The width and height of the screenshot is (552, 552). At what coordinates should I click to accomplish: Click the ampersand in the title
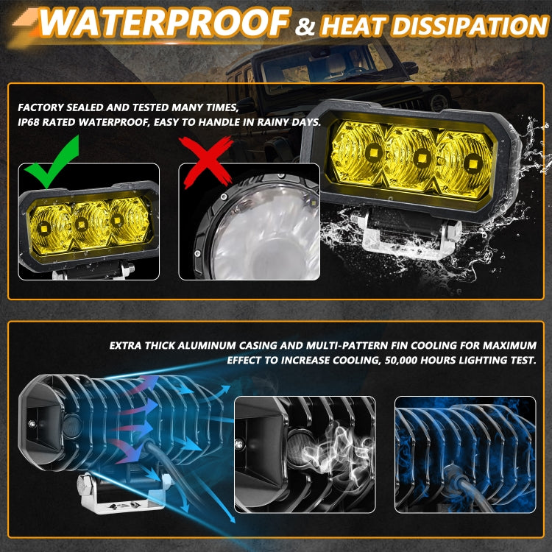[305, 27]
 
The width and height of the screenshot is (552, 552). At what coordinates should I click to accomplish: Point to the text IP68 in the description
[31, 123]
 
